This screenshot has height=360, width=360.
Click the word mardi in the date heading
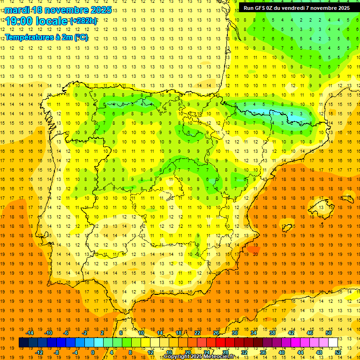pos(15,10)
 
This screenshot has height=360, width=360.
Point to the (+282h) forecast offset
pos(83,21)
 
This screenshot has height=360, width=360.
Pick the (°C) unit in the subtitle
pos(81,37)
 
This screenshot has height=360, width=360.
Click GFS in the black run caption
pos(262,8)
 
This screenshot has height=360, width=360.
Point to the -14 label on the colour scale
pos(30,333)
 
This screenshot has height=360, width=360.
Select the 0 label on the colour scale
pos(93,352)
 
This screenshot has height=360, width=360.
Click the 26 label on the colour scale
pos(216,333)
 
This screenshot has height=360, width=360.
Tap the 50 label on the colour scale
pos(329,333)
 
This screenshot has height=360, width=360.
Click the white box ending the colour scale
pos(333,343)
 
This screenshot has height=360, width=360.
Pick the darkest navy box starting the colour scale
pos(23,343)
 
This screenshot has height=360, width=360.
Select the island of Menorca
pos(347,199)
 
